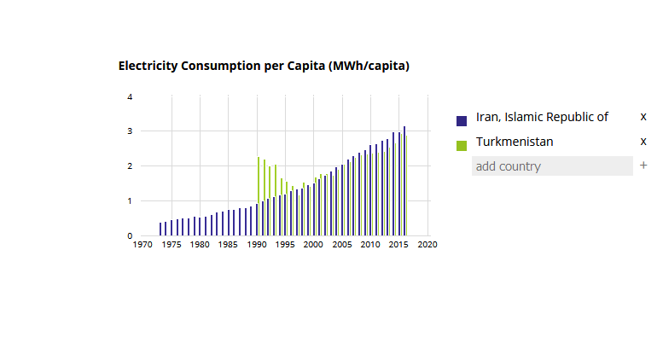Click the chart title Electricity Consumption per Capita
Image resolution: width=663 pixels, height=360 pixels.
tap(264, 66)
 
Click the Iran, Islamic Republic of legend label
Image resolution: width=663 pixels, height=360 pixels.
tap(542, 117)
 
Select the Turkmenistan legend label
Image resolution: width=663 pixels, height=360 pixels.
tap(515, 142)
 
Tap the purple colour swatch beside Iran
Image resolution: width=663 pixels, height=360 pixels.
tap(462, 120)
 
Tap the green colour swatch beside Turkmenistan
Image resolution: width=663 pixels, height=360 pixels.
tap(462, 145)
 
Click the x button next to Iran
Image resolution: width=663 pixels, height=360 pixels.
tap(643, 116)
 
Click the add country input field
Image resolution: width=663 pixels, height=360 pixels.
tap(552, 166)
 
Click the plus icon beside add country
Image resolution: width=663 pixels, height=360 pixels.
tap(643, 165)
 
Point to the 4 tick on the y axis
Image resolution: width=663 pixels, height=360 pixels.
tap(130, 97)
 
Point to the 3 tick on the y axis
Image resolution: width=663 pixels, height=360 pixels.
tap(130, 131)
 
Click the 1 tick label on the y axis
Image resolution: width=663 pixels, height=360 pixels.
tap(130, 201)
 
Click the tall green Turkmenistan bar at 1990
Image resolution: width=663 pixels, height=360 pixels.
tap(259, 196)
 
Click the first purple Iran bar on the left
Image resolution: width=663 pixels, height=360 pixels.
tap(160, 229)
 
